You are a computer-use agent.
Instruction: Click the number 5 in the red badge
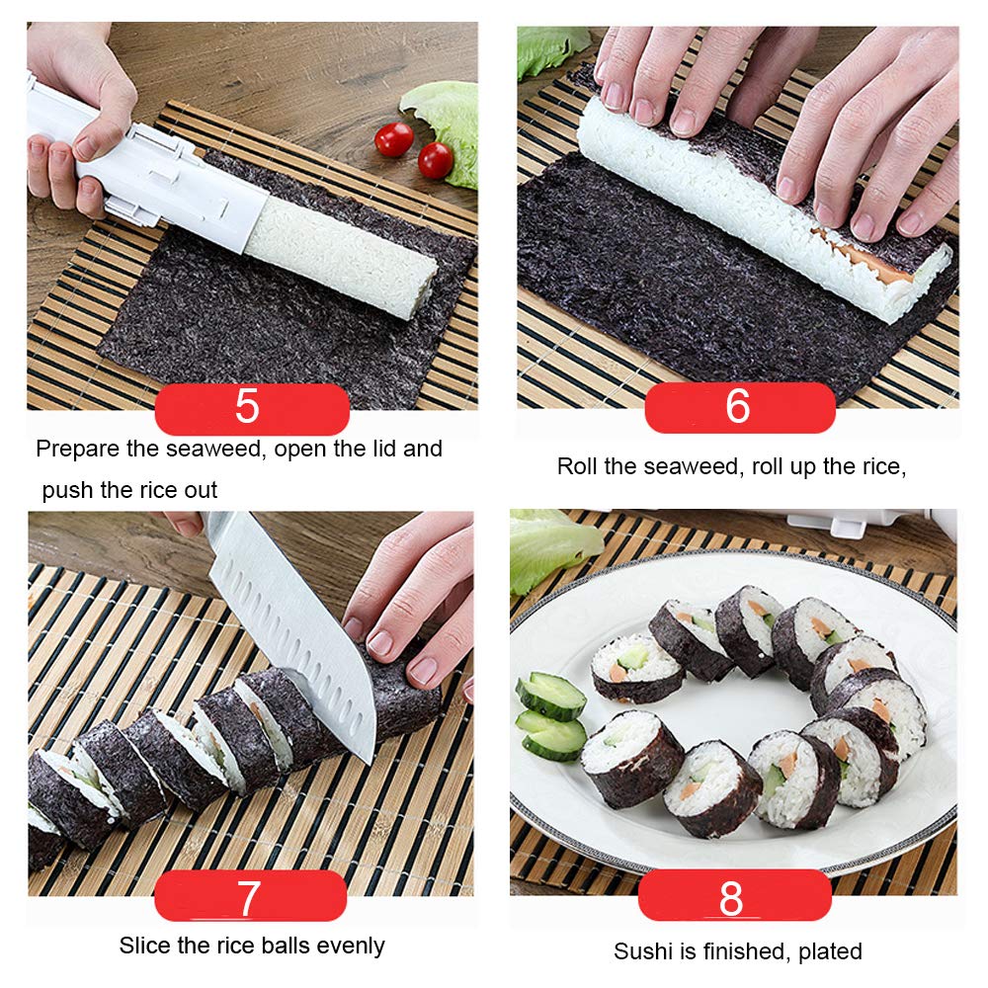point(247,408)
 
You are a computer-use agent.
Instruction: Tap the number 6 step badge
point(737,407)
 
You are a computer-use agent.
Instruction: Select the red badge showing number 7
point(248,897)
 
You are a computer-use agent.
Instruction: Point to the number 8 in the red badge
point(731,897)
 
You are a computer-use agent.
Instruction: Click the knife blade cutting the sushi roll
point(296,632)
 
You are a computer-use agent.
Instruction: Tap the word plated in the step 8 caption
point(828,951)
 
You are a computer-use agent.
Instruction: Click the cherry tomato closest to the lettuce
point(435,159)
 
